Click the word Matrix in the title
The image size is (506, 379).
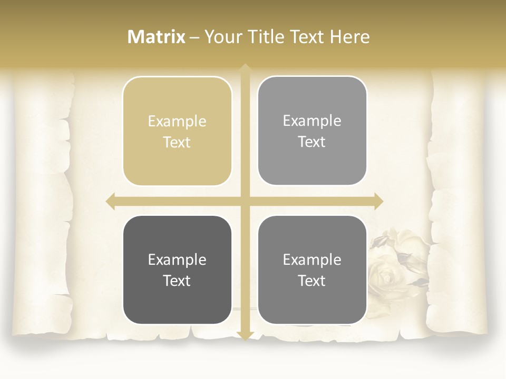click(x=157, y=37)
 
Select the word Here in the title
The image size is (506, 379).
click(x=349, y=37)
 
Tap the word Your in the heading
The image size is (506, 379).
click(x=222, y=37)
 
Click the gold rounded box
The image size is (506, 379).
click(x=177, y=131)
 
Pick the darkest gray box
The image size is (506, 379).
click(x=177, y=270)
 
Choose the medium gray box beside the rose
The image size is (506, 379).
click(x=312, y=270)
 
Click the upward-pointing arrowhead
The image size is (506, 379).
click(x=245, y=68)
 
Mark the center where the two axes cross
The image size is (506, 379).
click(x=245, y=201)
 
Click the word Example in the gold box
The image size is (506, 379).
click(x=177, y=122)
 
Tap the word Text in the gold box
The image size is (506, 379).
click(x=177, y=142)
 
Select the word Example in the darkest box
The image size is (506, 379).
click(x=177, y=260)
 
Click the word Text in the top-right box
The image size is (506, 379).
click(x=312, y=142)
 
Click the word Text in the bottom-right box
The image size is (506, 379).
click(x=312, y=281)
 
